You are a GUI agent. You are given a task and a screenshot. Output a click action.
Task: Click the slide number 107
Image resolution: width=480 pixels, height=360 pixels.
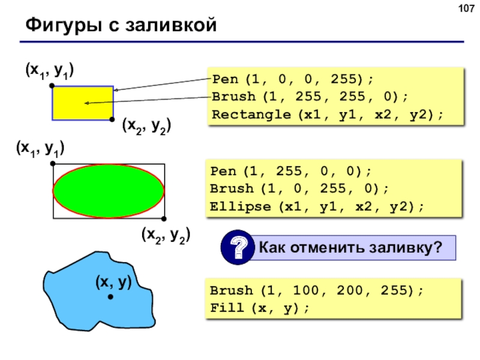tap(466, 8)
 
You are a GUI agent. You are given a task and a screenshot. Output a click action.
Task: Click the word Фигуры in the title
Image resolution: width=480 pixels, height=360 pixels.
tap(64, 25)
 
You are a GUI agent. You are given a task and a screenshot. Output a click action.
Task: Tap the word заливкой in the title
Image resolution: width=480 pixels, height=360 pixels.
tap(171, 25)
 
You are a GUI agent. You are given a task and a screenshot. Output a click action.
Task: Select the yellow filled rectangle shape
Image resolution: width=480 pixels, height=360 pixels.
tap(83, 103)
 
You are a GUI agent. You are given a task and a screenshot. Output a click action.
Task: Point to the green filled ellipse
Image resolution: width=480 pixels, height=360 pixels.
tap(109, 191)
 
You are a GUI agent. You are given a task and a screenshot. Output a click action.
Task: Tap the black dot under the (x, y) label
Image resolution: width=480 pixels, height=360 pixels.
tap(110, 296)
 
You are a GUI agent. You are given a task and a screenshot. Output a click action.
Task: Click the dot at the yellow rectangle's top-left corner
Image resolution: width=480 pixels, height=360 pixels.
tap(52, 86)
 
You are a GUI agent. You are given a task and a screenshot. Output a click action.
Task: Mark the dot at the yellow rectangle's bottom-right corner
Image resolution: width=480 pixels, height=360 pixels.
tap(112, 119)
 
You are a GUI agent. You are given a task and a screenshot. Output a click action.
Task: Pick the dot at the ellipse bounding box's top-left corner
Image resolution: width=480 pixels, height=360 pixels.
tap(53, 164)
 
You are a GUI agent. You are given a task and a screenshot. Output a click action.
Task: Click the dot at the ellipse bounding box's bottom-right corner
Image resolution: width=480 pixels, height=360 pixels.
tap(164, 218)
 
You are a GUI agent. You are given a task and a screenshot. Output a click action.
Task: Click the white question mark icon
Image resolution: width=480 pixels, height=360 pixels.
tap(238, 247)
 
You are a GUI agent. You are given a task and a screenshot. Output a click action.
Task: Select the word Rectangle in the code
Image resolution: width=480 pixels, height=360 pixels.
tap(251, 115)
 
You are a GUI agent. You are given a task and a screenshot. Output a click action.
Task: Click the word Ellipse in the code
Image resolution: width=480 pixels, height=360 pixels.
tap(241, 206)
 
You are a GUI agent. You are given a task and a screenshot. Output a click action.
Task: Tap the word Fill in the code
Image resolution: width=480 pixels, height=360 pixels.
tap(227, 308)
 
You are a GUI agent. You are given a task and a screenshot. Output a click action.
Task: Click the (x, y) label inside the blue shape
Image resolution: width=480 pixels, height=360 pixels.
tap(113, 282)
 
